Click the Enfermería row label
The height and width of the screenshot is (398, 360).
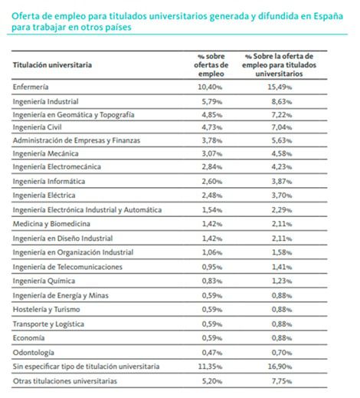click(x=31, y=87)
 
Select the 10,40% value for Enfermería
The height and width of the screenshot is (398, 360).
click(x=210, y=87)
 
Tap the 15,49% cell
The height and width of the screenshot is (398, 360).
click(x=280, y=87)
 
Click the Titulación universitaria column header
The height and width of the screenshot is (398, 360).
click(x=52, y=65)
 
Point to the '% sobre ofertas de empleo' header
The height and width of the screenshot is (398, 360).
click(x=211, y=65)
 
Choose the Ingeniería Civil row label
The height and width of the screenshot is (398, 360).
click(x=38, y=127)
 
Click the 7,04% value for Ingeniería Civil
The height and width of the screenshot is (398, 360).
click(x=282, y=127)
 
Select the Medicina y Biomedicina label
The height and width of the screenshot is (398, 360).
click(x=51, y=224)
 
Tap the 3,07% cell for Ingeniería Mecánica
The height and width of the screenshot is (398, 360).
click(x=212, y=153)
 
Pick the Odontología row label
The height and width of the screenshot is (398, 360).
click(x=34, y=353)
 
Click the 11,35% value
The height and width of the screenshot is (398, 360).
click(x=210, y=367)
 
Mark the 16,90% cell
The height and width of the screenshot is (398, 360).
click(x=280, y=367)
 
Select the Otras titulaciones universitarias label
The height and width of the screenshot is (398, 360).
click(x=65, y=381)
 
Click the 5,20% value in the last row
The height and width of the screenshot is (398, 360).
click(x=212, y=381)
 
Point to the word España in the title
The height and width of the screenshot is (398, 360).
click(x=329, y=16)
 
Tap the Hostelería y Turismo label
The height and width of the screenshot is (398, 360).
click(x=47, y=309)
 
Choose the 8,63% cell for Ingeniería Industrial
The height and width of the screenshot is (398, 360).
click(x=282, y=101)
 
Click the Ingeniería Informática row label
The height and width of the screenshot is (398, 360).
click(x=49, y=181)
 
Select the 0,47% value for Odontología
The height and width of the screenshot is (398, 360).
click(x=212, y=353)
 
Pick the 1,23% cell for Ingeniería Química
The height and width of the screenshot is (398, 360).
click(x=282, y=281)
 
